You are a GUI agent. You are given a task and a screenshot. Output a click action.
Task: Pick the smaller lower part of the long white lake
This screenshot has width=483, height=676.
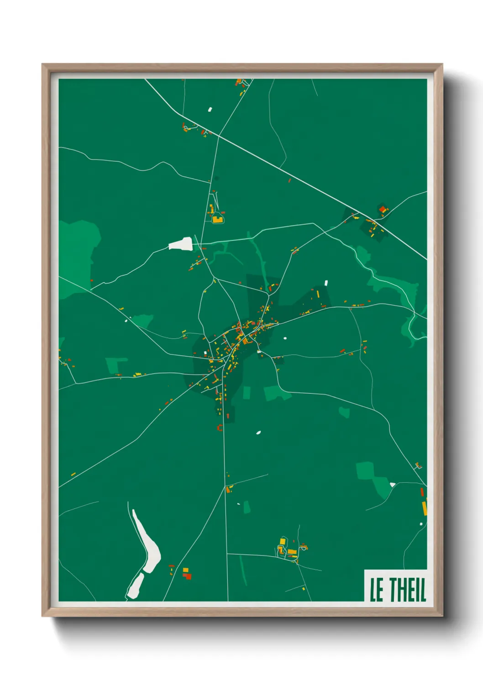click(x=135, y=587)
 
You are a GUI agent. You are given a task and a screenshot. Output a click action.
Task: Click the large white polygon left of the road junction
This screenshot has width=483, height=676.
click(x=181, y=244)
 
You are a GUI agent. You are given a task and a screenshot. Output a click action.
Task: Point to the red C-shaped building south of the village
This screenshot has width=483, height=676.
click(x=220, y=428)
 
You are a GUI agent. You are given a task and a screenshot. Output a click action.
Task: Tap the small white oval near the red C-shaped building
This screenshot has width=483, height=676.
click(x=258, y=432)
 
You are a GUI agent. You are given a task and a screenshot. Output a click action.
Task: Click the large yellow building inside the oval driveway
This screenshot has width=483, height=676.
click(x=217, y=219)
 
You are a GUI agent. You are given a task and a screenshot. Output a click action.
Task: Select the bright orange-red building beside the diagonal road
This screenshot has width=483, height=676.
click(x=383, y=210)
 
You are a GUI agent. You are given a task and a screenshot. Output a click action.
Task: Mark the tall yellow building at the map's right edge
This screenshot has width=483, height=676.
click(x=424, y=507)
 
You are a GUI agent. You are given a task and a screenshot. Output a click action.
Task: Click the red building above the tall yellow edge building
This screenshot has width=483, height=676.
click(x=422, y=492)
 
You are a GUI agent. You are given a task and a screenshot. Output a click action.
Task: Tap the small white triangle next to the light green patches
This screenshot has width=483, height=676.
click(x=392, y=484)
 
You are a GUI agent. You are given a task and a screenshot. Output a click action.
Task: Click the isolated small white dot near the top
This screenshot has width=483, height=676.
click(x=210, y=109)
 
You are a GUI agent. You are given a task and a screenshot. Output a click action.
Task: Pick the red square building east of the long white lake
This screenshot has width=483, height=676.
click(x=187, y=576)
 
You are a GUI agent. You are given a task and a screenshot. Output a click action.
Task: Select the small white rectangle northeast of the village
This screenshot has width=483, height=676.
click(x=326, y=283)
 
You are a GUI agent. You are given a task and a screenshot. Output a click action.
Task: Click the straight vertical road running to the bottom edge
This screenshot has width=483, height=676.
click(x=226, y=525)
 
